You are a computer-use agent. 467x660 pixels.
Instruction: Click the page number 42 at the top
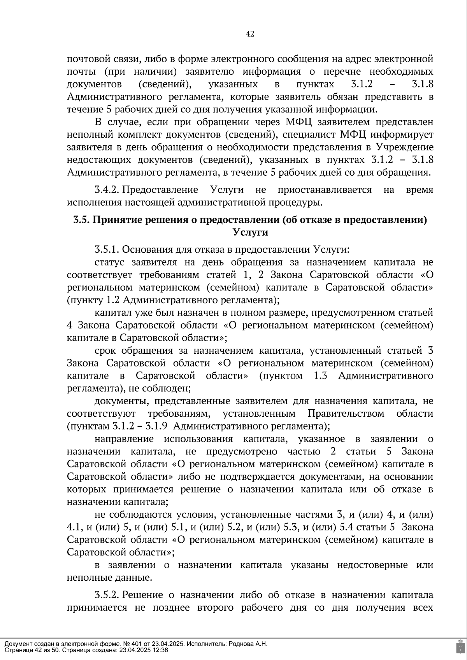coord(250,34)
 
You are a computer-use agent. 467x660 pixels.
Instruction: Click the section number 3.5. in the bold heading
coord(82,220)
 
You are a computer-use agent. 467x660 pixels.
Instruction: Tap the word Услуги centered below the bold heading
coord(250,232)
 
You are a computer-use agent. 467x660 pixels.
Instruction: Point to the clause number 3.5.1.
coord(107,249)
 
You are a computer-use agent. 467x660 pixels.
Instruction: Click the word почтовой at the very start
coord(85,59)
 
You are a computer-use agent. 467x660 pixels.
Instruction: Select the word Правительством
coord(346,413)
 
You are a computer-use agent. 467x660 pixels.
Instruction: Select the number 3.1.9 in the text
coord(156,426)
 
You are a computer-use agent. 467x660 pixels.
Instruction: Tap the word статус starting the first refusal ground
coord(109,262)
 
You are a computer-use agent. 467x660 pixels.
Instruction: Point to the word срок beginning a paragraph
coord(105,350)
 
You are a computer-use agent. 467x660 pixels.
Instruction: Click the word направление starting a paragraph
coord(124,439)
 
